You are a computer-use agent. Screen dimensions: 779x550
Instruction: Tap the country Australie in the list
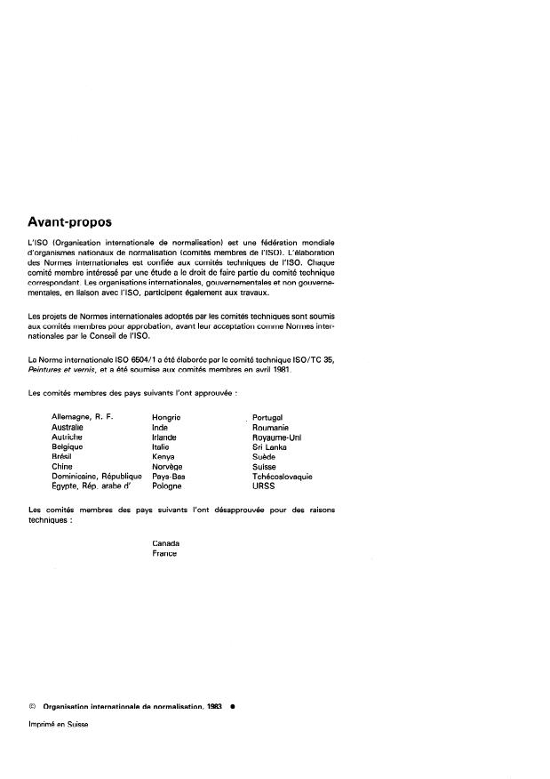(x=68, y=428)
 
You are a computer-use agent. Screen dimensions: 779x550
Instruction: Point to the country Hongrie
(x=166, y=417)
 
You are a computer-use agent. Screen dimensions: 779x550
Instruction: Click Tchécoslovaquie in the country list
(x=283, y=477)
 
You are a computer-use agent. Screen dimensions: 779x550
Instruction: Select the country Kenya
(x=163, y=457)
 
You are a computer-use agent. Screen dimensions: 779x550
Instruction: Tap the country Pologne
(x=167, y=486)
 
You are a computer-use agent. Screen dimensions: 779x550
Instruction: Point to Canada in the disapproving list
(x=166, y=543)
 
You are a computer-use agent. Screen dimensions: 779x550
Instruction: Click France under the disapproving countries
(x=164, y=553)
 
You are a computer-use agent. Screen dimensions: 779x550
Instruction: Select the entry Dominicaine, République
(x=97, y=477)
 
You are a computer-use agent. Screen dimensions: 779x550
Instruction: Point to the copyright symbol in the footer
(x=33, y=705)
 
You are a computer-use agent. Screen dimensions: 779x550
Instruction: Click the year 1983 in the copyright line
(x=213, y=705)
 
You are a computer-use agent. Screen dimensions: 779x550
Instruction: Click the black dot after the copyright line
(x=231, y=705)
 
